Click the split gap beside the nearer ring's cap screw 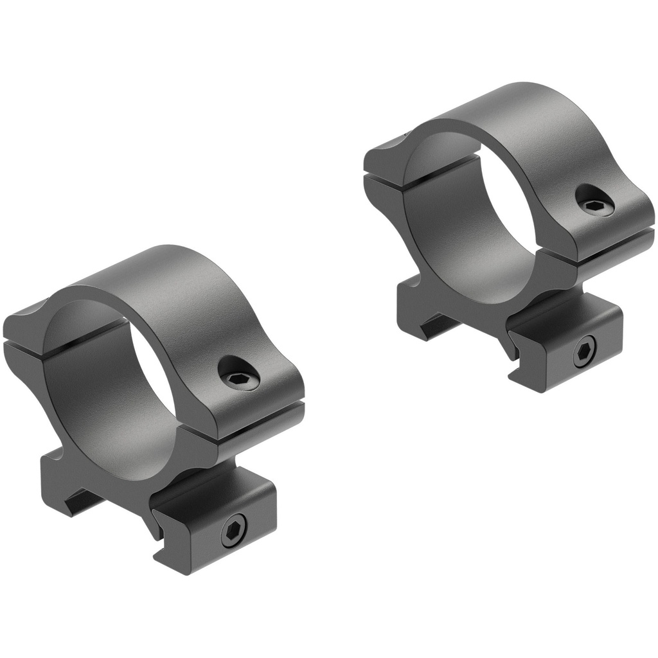click(257, 424)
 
